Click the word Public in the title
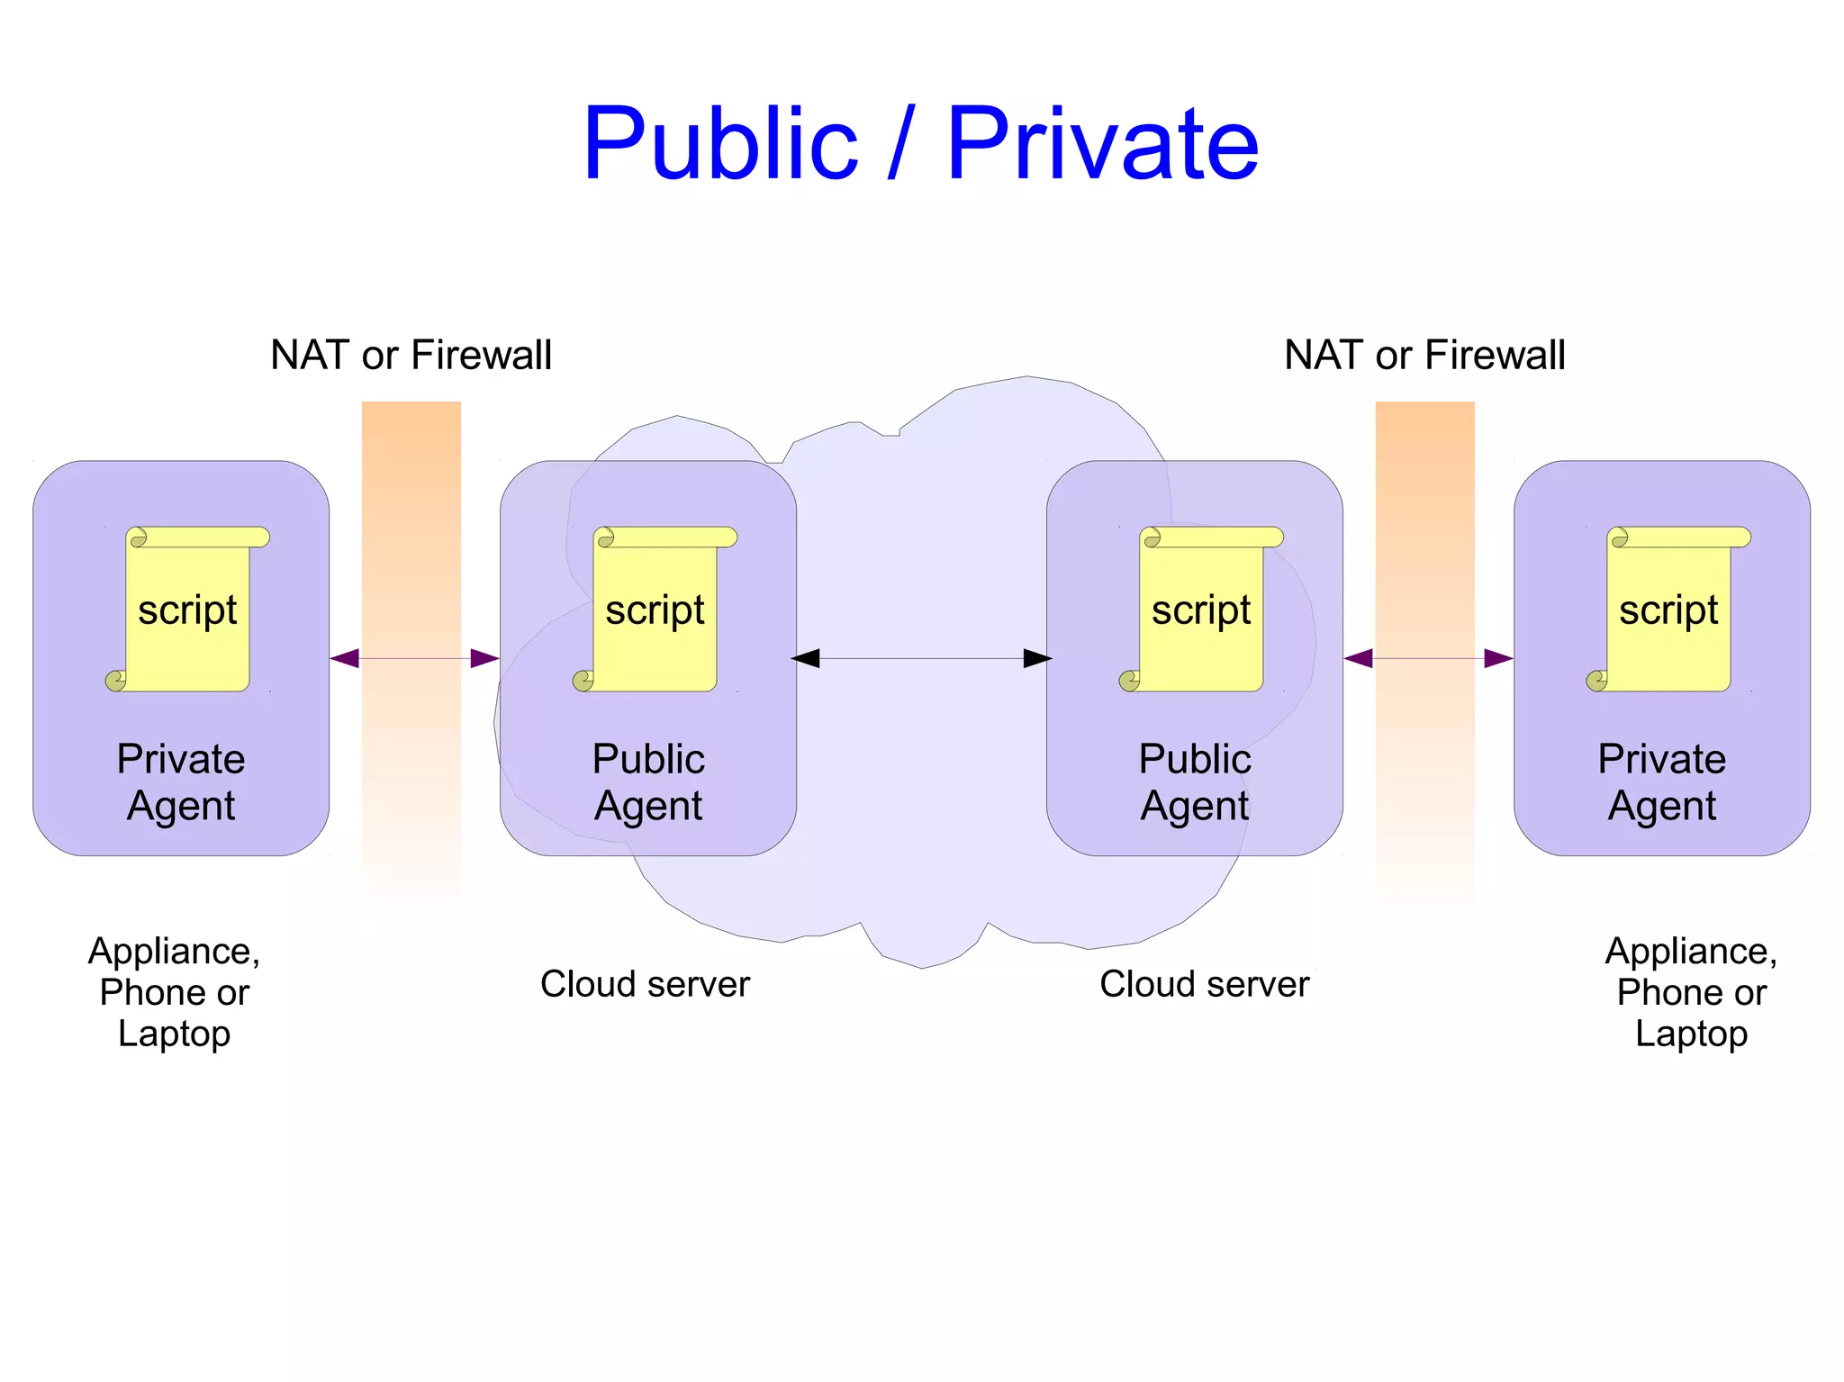[720, 144]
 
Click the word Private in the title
[1102, 144]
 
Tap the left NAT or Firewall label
[411, 355]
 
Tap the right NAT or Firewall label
[1424, 355]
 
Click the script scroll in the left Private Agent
[187, 610]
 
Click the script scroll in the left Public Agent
[655, 610]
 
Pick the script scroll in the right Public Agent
[1201, 610]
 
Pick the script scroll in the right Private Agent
[1668, 610]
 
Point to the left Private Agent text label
[181, 781]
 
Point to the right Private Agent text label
[1662, 781]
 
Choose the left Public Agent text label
[648, 781]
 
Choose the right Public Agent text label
[1195, 781]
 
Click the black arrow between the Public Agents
[921, 658]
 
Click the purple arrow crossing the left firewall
[414, 658]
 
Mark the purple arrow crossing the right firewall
[1428, 658]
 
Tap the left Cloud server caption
[645, 984]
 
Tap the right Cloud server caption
[1204, 984]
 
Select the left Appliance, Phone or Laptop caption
[174, 992]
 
